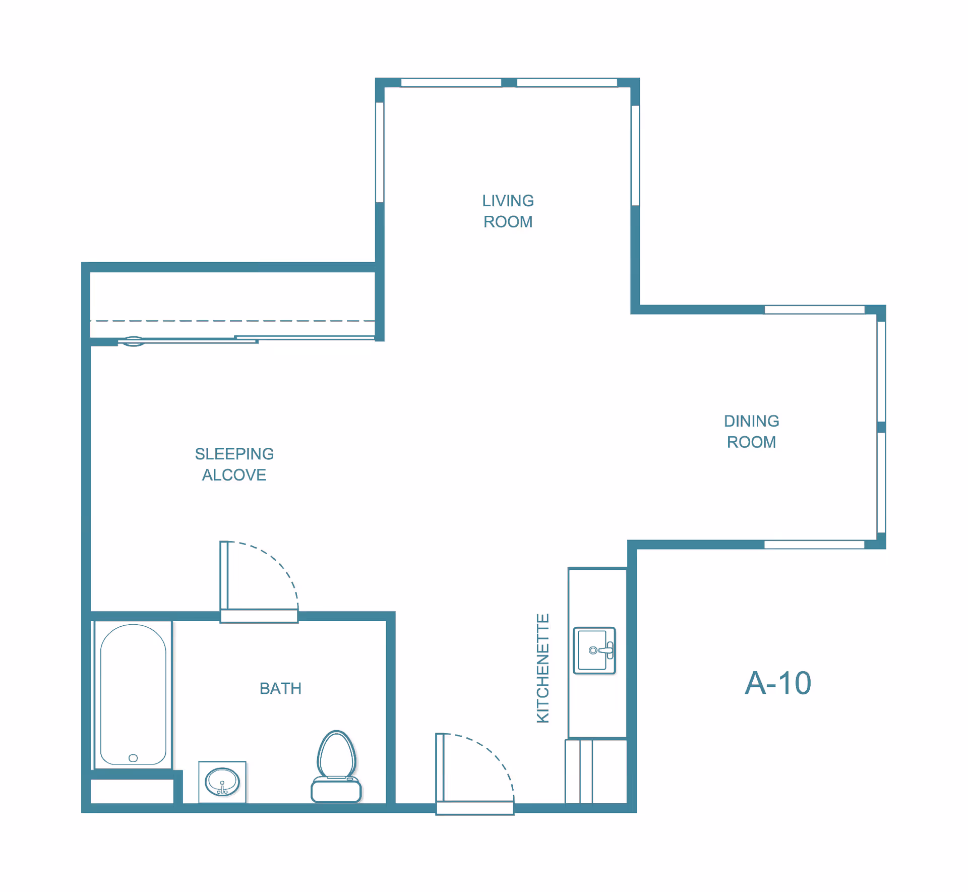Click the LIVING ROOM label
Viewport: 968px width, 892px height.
tap(508, 211)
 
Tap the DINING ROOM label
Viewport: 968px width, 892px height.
tap(751, 432)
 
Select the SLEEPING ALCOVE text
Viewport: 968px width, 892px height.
tap(234, 464)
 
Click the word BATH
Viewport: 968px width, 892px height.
tap(280, 688)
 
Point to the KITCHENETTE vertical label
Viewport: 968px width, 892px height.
tap(542, 669)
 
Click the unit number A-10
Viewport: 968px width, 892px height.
tap(778, 683)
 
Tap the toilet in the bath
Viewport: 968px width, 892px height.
tap(336, 766)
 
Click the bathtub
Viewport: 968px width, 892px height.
tap(133, 695)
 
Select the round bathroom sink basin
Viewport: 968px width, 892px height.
tap(222, 782)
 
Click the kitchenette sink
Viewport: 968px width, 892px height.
tap(594, 650)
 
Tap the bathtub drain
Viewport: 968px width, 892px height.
tap(133, 758)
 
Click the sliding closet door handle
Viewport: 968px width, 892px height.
tap(134, 341)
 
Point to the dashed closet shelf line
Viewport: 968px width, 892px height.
tap(232, 321)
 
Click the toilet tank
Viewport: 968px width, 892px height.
tap(336, 790)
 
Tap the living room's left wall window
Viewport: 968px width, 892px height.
tap(380, 152)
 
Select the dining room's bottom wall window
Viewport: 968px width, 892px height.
tap(814, 545)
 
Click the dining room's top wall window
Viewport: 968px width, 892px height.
tap(815, 310)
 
